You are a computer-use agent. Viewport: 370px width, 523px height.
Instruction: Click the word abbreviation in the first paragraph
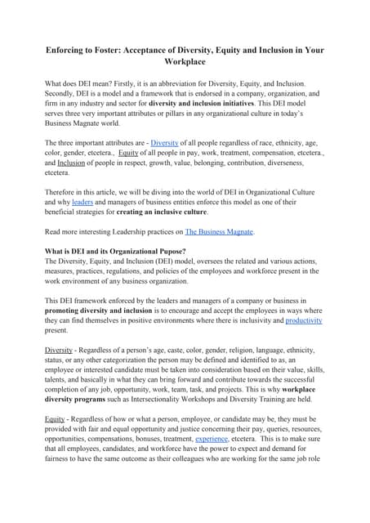pyautogui.click(x=205, y=83)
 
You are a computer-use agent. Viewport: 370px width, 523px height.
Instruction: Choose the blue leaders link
pyautogui.click(x=82, y=200)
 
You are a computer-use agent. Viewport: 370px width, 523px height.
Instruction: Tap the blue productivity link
pyautogui.click(x=303, y=321)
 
